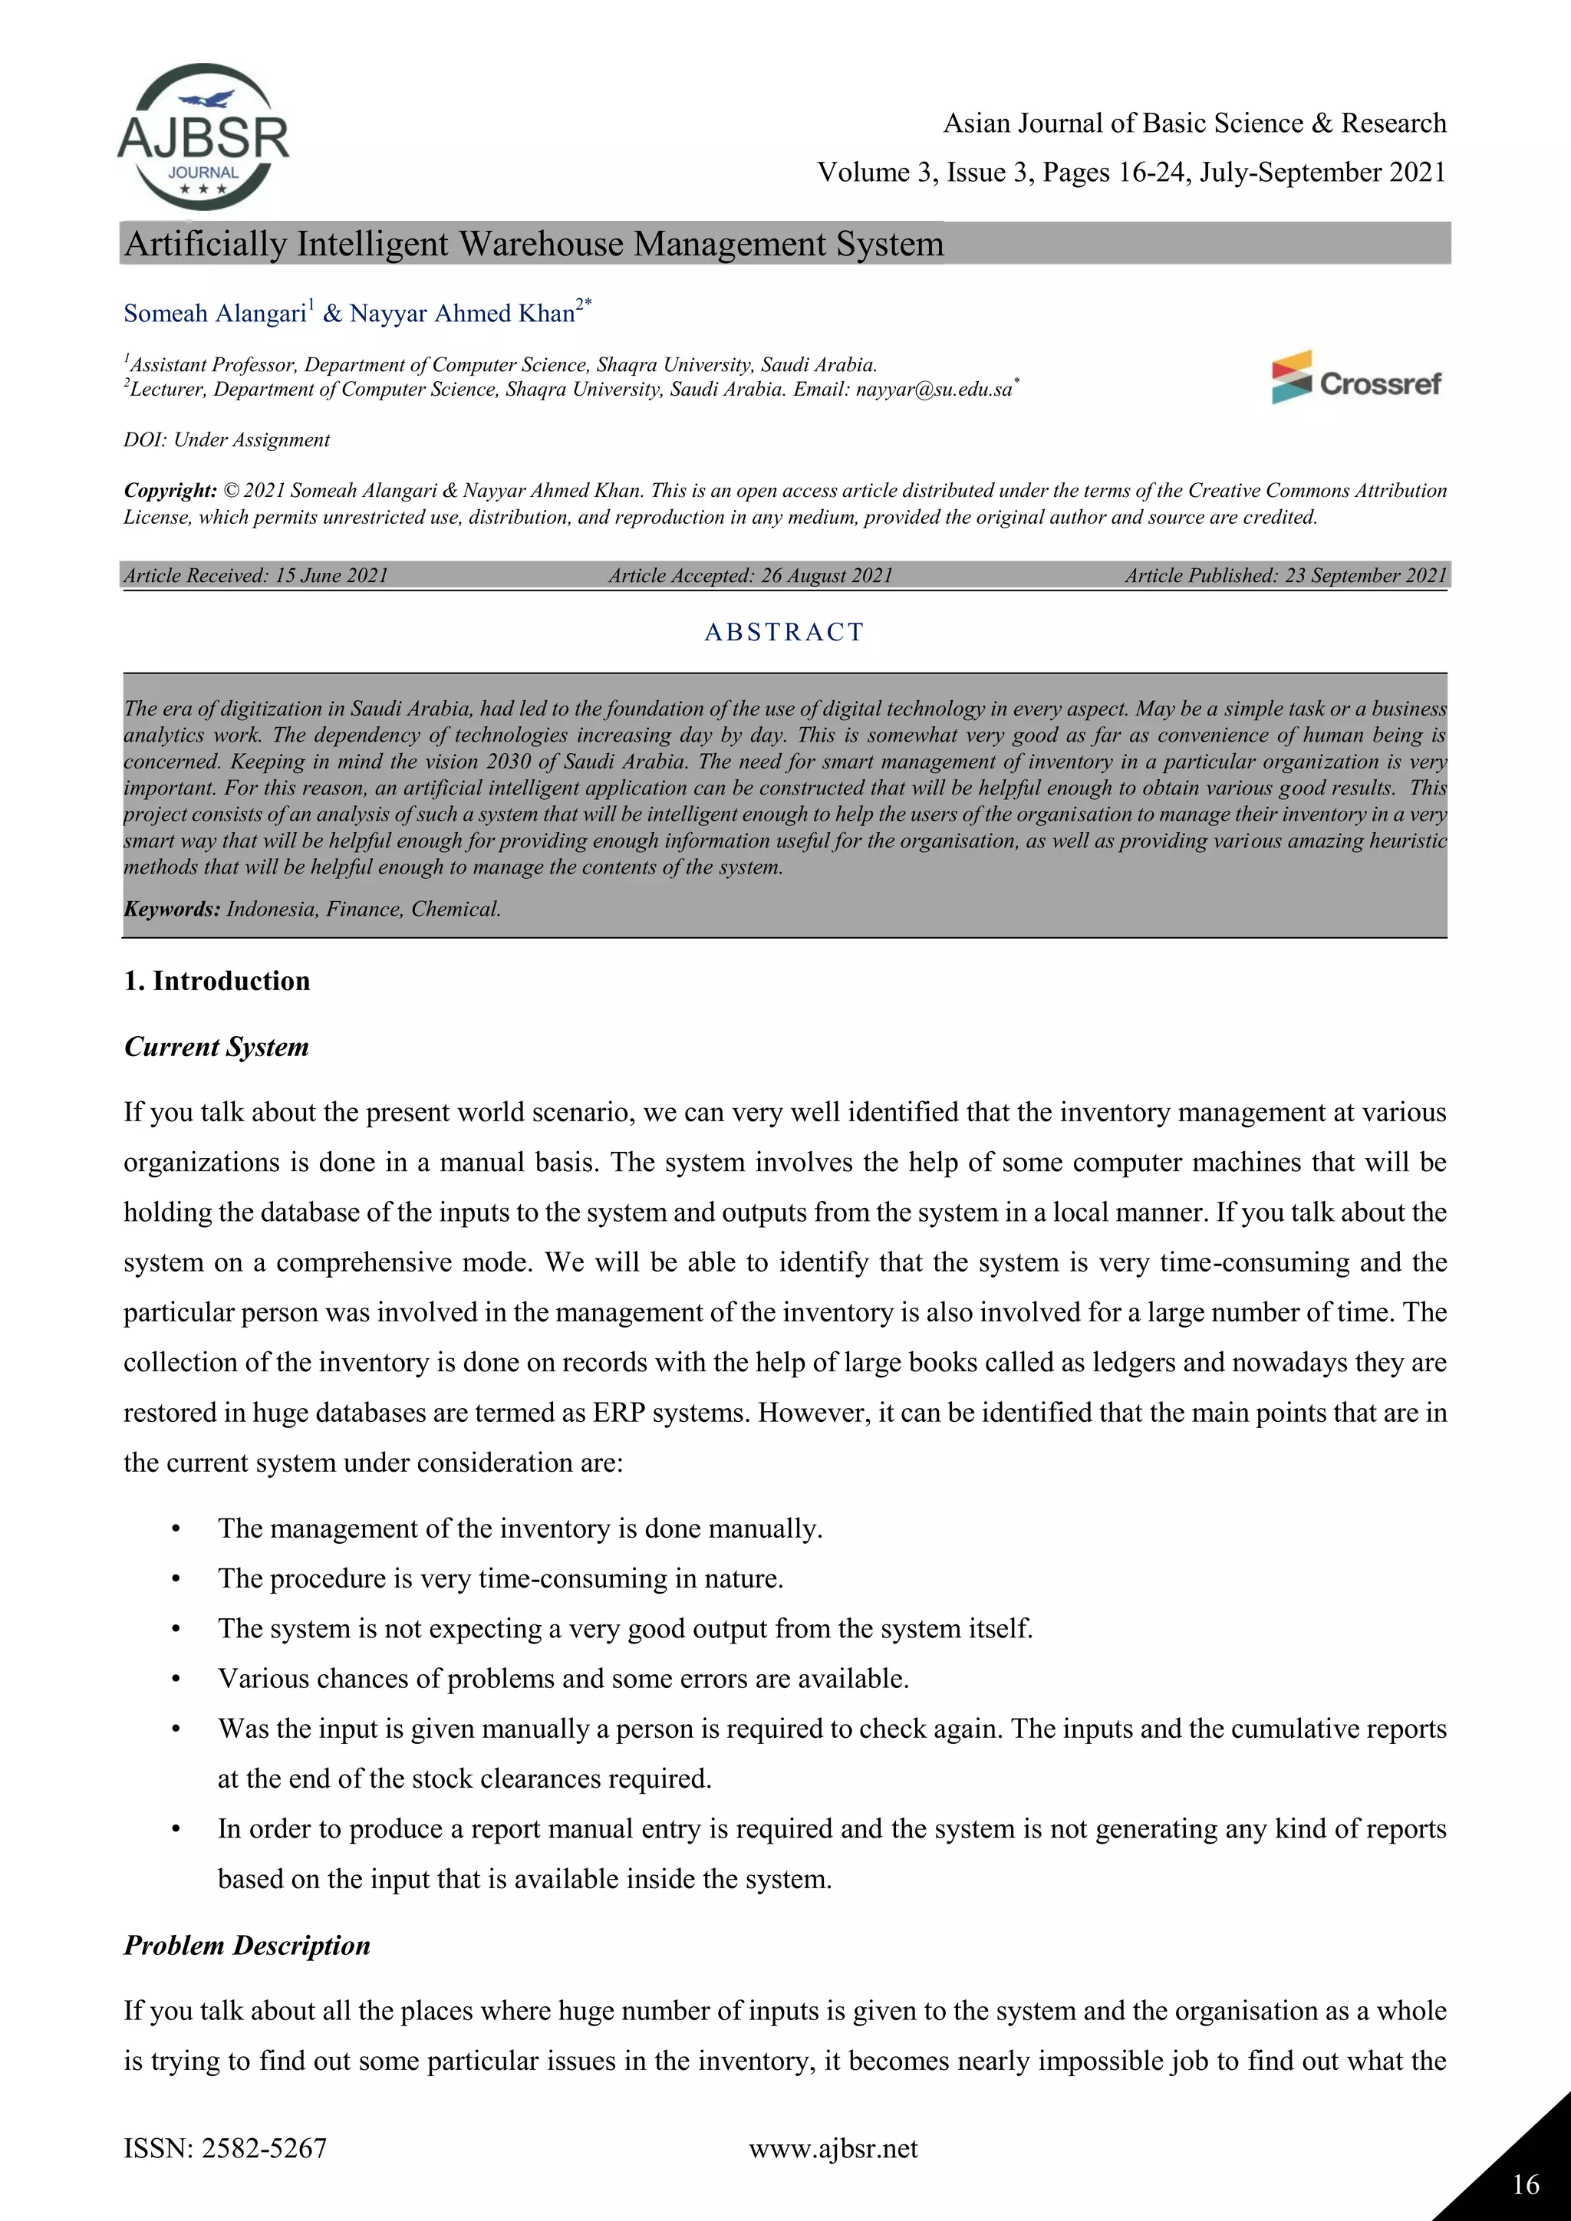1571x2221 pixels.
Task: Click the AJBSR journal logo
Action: coord(203,137)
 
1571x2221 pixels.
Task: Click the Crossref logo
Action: coord(1356,378)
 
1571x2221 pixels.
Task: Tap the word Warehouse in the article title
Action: coord(542,244)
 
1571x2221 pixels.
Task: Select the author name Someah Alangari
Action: coord(215,314)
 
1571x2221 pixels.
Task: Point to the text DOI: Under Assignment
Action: coord(226,440)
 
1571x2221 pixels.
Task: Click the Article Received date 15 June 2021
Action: coord(331,575)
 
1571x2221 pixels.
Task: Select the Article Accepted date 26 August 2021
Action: coord(826,575)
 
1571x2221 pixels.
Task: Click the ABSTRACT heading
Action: coord(783,632)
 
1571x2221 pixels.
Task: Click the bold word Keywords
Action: coord(171,910)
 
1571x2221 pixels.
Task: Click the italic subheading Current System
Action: coord(216,1047)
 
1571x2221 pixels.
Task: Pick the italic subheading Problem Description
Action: coord(247,1946)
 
